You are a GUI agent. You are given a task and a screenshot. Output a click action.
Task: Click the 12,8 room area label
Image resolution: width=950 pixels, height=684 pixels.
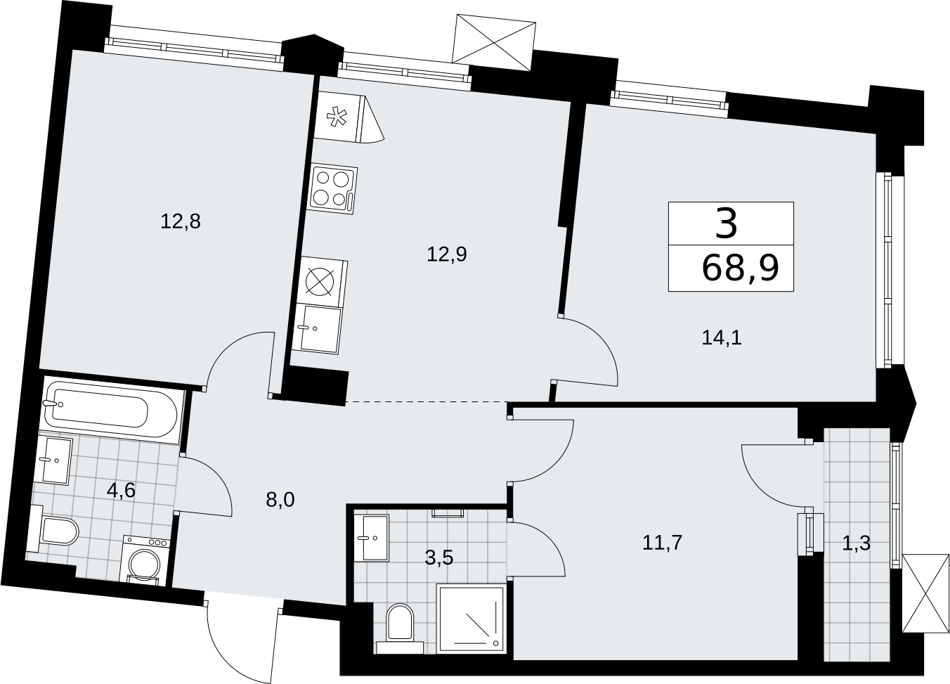click(181, 221)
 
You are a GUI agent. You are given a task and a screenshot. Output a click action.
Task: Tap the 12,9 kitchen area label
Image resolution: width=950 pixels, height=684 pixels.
click(447, 254)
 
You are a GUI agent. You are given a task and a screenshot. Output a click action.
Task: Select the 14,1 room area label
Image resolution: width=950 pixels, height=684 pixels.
click(722, 337)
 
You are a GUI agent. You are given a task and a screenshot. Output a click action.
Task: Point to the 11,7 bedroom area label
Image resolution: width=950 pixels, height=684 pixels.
click(662, 543)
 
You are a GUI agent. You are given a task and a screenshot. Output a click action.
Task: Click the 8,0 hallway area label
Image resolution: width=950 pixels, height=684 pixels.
click(280, 501)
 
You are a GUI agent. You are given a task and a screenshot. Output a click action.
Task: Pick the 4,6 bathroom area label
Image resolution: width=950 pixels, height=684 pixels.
click(122, 491)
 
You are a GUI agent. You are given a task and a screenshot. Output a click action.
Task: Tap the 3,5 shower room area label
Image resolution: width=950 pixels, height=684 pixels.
click(439, 558)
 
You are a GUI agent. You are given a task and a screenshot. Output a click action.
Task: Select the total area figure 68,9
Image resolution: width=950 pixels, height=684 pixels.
click(741, 269)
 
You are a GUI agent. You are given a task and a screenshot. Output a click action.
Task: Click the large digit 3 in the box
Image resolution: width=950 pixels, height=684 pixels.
click(726, 224)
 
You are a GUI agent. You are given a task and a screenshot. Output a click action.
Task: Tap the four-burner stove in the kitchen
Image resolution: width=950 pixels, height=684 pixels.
click(333, 189)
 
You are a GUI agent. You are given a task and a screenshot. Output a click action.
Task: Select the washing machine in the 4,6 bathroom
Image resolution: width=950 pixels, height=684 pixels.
click(144, 560)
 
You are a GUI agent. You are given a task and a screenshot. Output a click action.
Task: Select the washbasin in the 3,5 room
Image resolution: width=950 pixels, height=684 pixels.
click(371, 538)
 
